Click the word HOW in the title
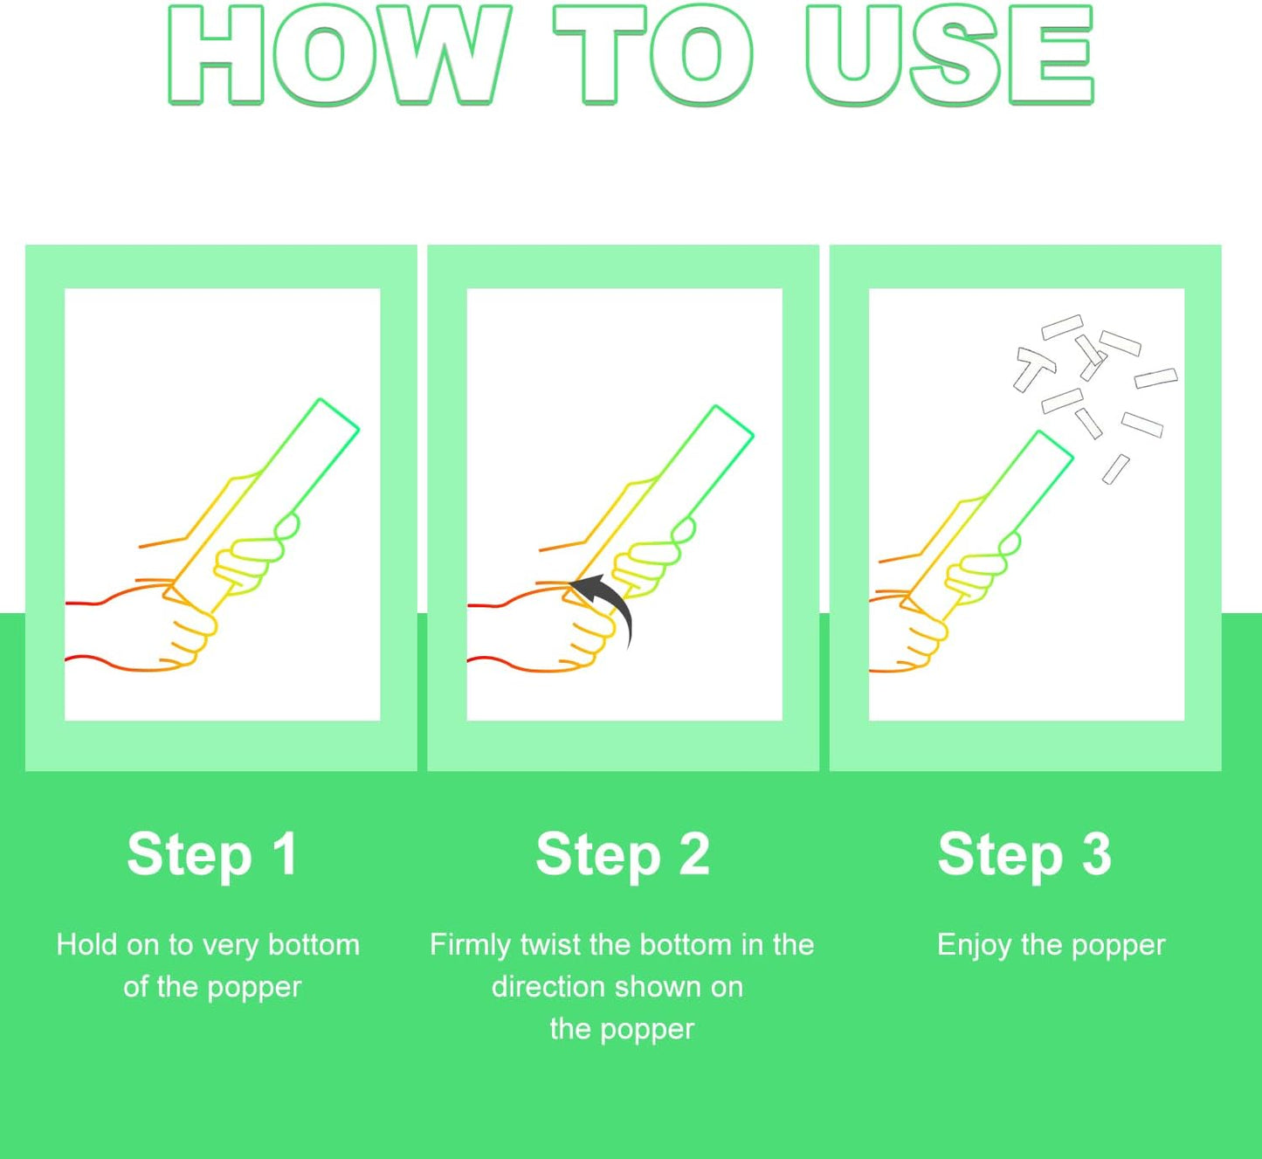[x=340, y=55]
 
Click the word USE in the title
[x=950, y=55]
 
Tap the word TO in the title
[x=653, y=55]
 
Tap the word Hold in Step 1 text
[x=86, y=945]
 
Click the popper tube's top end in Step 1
[x=340, y=415]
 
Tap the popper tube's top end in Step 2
[x=734, y=421]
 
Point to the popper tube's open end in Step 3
[x=1056, y=445]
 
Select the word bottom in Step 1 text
[x=314, y=945]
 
